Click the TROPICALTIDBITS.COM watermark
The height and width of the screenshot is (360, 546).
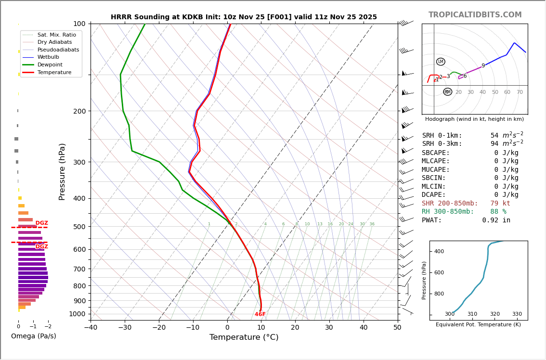(475, 15)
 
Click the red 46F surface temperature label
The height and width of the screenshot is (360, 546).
(260, 314)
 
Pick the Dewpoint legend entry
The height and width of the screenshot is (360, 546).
(50, 64)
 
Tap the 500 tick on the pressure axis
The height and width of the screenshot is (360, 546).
(79, 227)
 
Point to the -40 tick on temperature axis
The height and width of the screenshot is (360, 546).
(91, 328)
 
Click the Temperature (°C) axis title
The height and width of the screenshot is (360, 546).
(244, 337)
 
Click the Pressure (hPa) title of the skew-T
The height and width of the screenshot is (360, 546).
(62, 171)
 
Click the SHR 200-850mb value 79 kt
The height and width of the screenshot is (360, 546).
(500, 204)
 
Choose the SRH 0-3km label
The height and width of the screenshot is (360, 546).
(442, 144)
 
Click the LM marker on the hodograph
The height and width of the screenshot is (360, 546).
(441, 62)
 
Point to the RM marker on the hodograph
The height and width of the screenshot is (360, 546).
(447, 92)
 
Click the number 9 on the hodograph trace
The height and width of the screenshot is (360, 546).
(483, 66)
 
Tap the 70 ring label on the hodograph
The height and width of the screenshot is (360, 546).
(520, 92)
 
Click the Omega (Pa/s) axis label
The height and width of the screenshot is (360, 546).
(34, 336)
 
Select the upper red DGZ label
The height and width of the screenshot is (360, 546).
(42, 223)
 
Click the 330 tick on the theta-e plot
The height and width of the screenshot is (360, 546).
(517, 314)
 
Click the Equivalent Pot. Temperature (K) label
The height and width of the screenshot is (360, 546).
(478, 324)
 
